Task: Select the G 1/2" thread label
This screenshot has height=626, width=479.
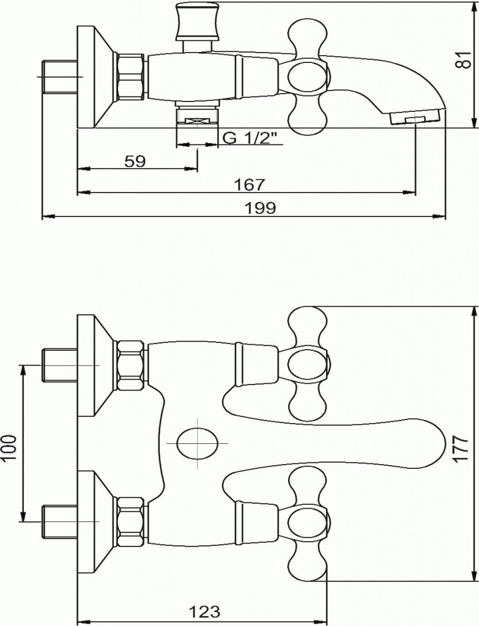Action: pyautogui.click(x=250, y=138)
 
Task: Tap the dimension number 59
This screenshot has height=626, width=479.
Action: pyautogui.click(x=135, y=161)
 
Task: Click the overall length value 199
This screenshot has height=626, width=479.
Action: pyautogui.click(x=260, y=208)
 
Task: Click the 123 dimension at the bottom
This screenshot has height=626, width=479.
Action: pyautogui.click(x=204, y=611)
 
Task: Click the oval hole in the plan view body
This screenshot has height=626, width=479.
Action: pyautogui.click(x=198, y=443)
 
